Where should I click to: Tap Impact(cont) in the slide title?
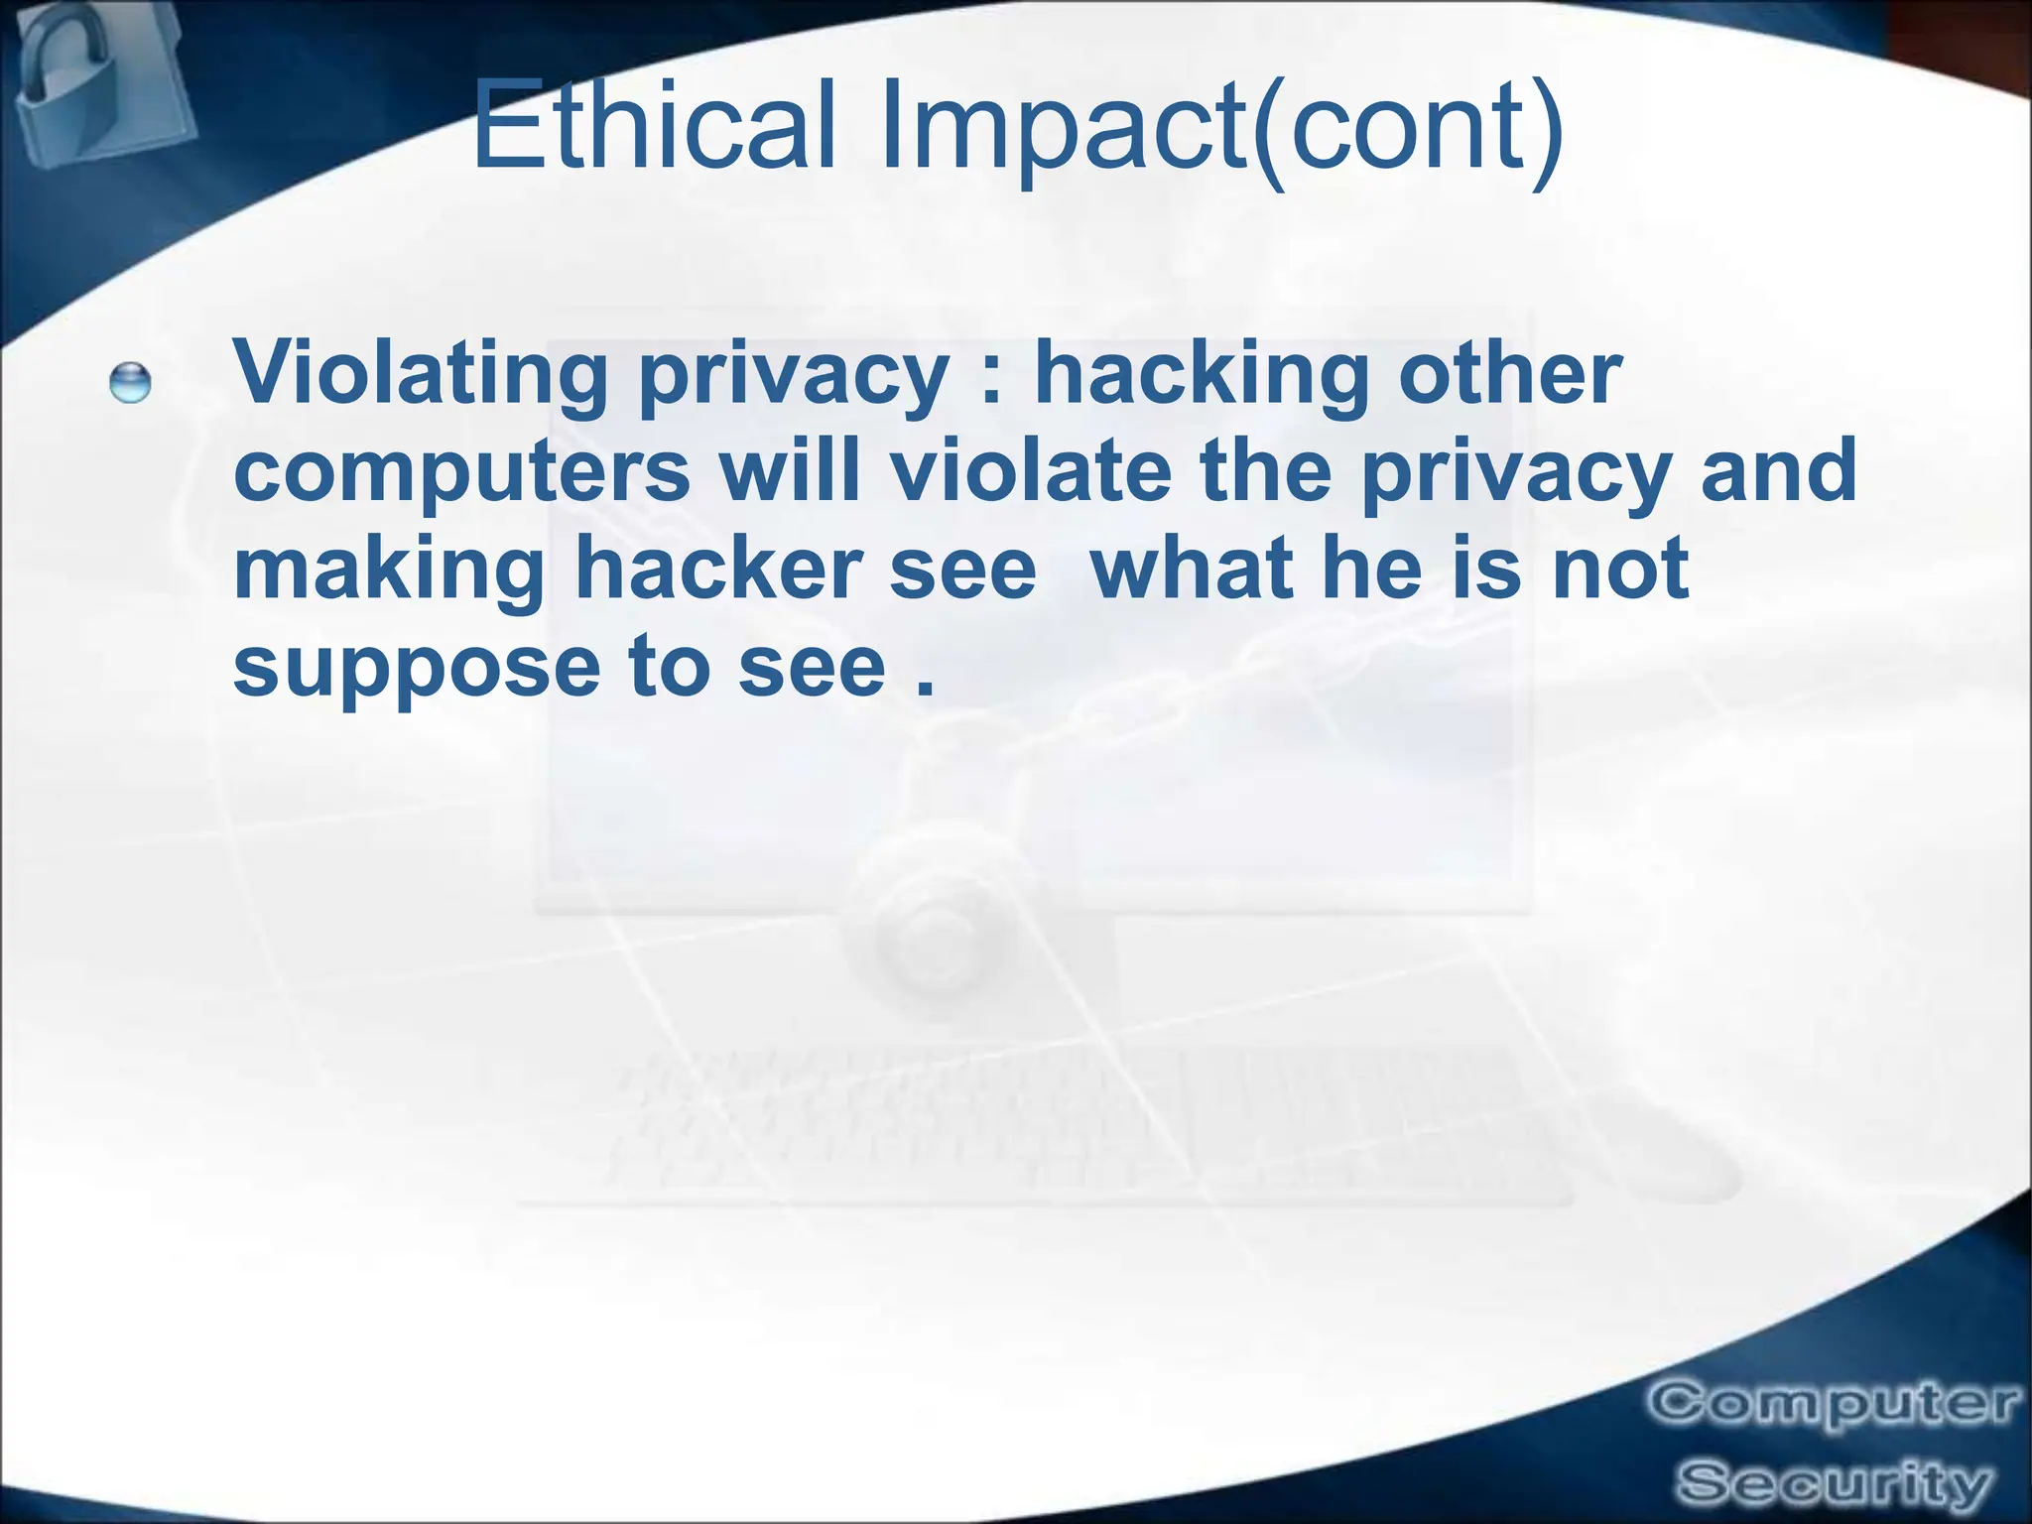click(1221, 129)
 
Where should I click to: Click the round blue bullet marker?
click(130, 383)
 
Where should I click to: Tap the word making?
click(388, 570)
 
